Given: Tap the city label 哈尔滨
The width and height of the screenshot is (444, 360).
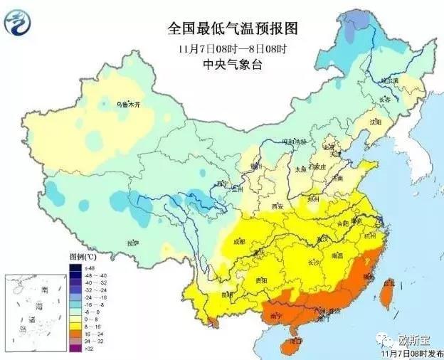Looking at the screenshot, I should point(389,81).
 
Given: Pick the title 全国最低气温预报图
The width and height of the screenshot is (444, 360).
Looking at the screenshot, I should point(231,28).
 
